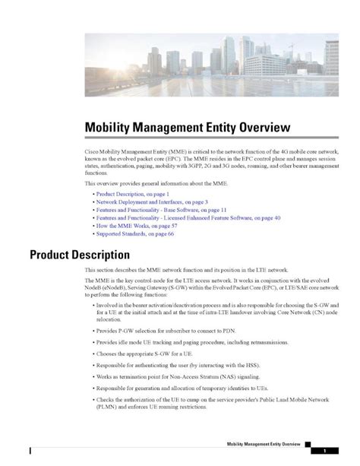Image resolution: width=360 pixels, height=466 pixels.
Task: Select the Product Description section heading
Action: pos(80,254)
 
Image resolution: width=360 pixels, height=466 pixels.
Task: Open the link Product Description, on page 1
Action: pos(132,195)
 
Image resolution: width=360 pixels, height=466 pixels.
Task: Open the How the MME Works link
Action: pos(137,226)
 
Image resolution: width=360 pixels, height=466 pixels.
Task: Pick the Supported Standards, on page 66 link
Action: pos(134,233)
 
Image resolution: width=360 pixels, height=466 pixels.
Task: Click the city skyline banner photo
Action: pos(211,65)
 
